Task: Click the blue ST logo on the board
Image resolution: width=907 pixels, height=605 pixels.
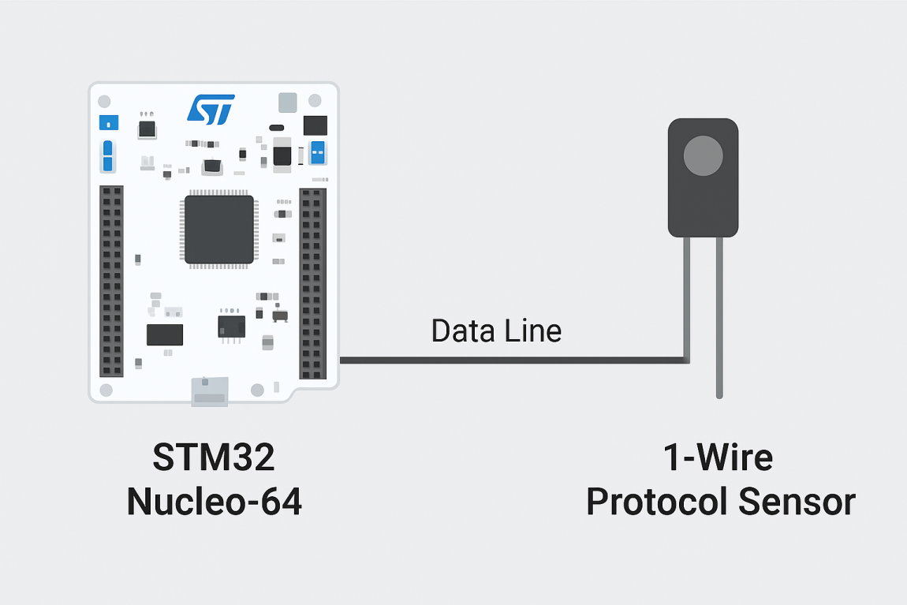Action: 211,110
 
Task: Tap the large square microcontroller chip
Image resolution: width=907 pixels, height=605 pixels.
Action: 219,230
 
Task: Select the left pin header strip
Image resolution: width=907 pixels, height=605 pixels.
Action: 111,282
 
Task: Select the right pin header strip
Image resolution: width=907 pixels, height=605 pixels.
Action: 312,284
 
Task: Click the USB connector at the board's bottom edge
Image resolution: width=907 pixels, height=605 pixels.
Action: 210,392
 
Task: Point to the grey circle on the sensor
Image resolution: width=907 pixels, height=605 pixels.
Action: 703,155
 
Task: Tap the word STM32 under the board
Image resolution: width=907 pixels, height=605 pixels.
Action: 214,457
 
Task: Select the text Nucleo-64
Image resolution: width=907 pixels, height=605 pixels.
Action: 215,502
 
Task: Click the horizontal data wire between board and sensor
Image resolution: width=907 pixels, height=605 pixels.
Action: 513,360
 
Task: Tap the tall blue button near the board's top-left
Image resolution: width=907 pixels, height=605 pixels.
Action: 108,156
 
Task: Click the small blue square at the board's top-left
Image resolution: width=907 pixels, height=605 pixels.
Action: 108,122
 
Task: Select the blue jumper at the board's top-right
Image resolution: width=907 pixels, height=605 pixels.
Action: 319,152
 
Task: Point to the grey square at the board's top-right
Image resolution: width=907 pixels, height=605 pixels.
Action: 288,102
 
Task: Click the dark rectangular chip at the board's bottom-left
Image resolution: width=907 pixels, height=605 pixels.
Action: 165,334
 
